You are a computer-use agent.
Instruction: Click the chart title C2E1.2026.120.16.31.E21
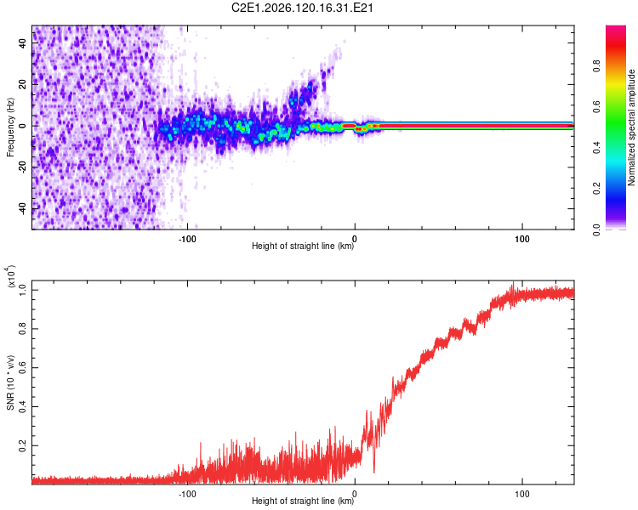coord(302,8)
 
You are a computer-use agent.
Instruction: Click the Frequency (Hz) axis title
coord(10,127)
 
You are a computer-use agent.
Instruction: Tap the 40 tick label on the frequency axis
coord(23,43)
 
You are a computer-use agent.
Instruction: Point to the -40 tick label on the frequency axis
coord(23,210)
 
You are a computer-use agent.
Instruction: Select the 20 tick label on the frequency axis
coord(23,85)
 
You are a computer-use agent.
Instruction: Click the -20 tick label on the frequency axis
coord(23,168)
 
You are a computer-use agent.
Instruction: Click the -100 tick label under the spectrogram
coord(187,239)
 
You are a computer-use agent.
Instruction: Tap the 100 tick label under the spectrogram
coord(522,239)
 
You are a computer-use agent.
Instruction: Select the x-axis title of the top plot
coord(303,246)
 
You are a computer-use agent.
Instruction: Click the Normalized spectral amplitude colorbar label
coord(631,127)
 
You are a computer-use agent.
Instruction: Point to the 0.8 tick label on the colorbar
coord(596,65)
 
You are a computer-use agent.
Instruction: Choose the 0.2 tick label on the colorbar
coord(596,189)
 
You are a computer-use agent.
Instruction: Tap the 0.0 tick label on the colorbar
coord(596,229)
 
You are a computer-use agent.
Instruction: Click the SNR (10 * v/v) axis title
coord(10,382)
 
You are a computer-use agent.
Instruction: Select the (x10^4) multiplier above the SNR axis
coord(10,276)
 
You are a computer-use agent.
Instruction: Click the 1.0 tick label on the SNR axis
coord(23,290)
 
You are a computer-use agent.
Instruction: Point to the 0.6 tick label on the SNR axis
coord(23,368)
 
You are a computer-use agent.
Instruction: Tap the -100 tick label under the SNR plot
coord(187,494)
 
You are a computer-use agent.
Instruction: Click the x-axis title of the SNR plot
coord(303,501)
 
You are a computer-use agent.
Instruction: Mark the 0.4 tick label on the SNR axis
coord(23,406)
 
